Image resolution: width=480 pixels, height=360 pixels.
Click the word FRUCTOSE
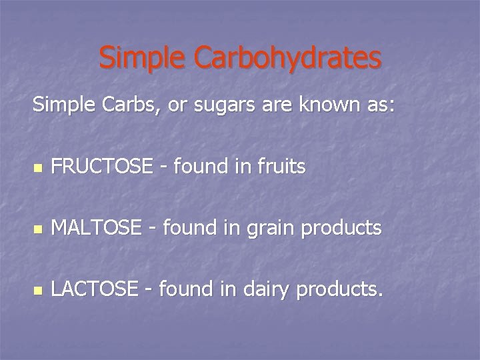tap(101, 167)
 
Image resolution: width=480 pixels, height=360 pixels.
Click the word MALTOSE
tap(96, 228)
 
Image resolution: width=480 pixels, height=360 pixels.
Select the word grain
tap(273, 229)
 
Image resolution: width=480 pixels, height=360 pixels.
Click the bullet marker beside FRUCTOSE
tap(37, 168)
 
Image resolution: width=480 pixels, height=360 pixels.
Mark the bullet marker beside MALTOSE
tap(37, 229)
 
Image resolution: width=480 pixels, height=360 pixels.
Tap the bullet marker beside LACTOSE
tap(37, 291)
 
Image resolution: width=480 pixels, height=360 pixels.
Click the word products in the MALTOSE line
tap(341, 229)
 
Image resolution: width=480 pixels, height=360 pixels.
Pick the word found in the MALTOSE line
tap(188, 228)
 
